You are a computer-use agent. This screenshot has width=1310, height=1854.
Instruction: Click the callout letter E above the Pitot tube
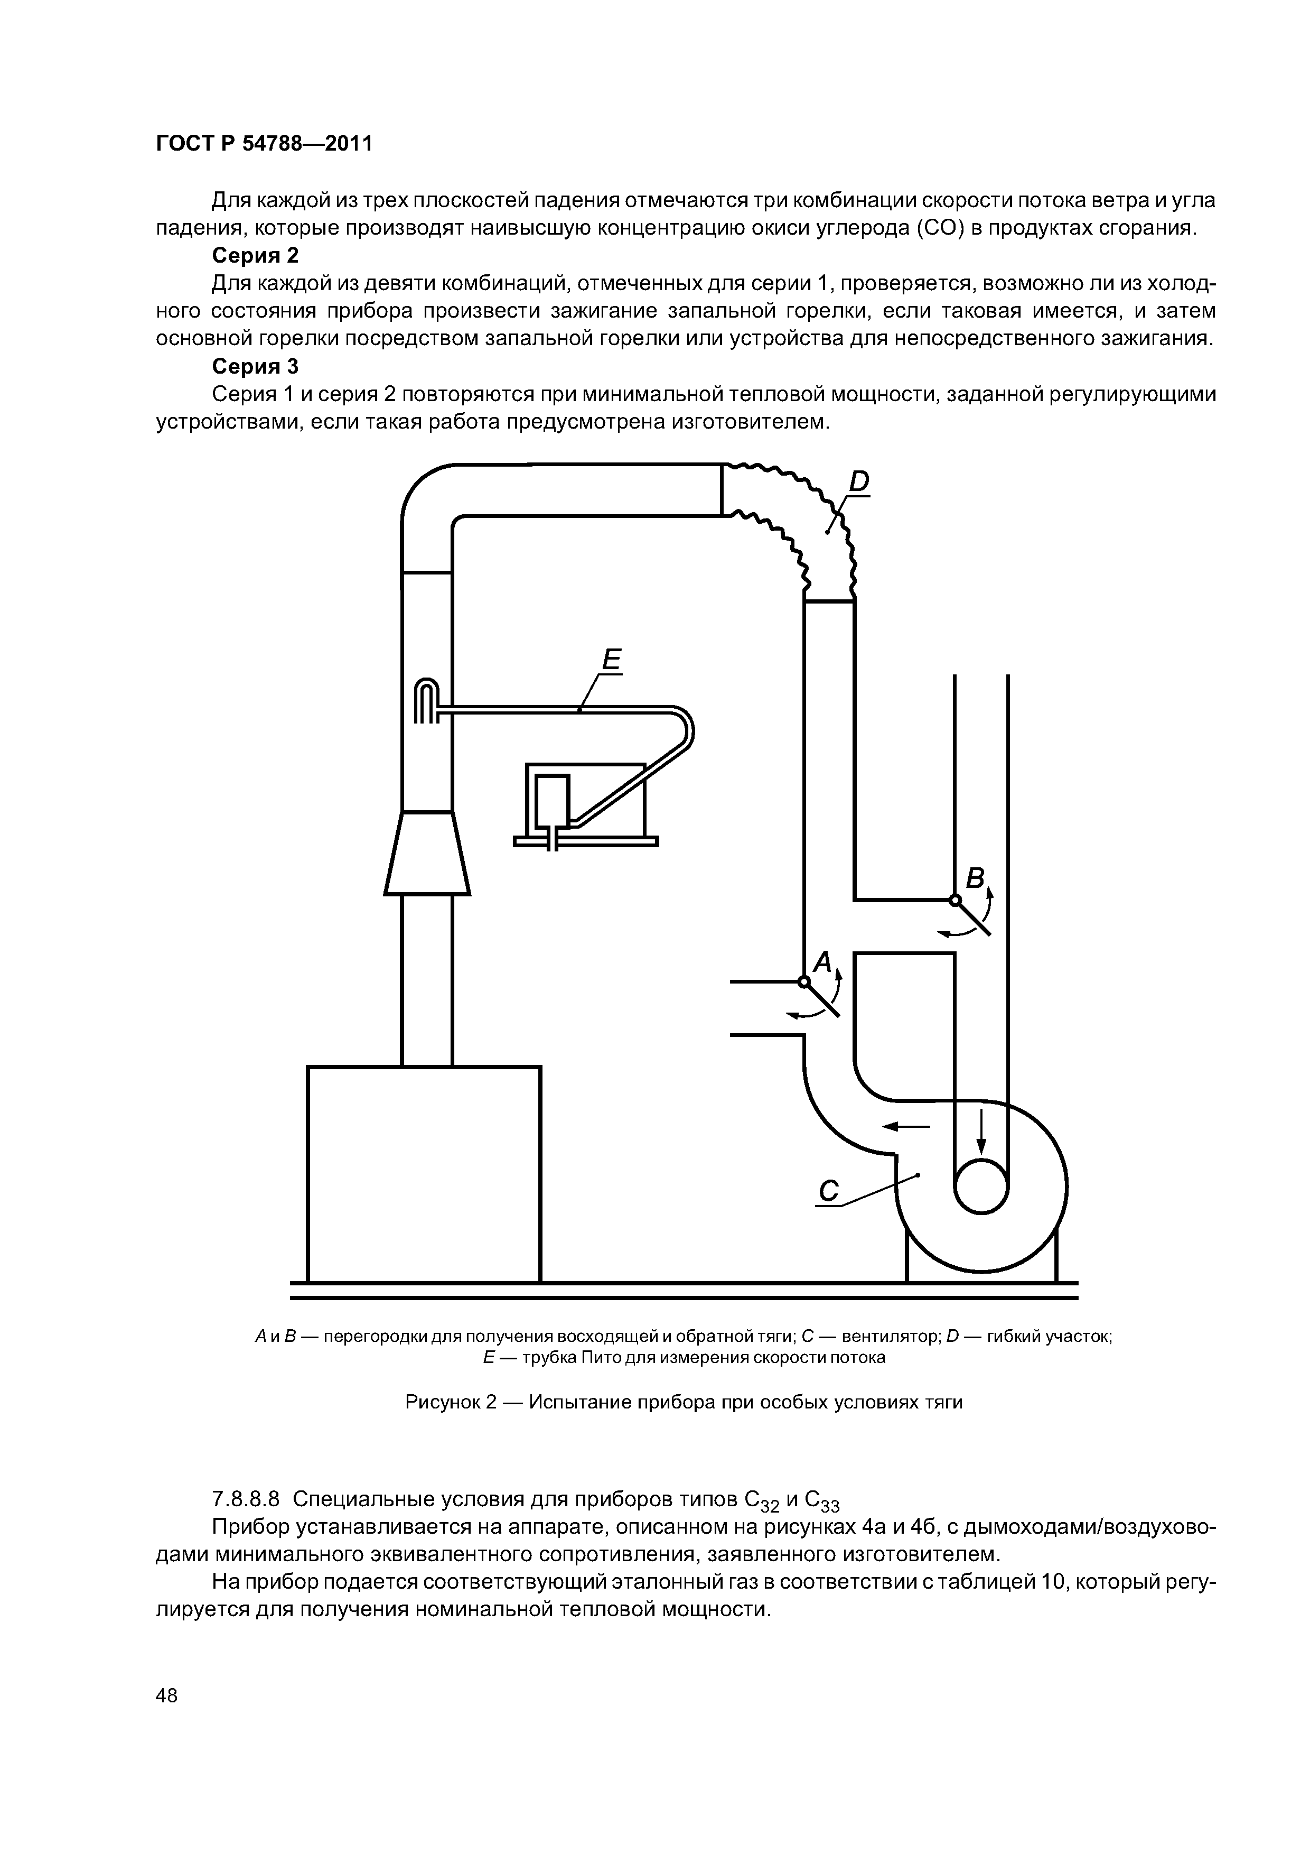point(611,661)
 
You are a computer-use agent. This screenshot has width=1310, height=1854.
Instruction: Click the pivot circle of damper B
point(955,900)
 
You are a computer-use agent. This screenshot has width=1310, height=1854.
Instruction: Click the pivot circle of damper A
point(803,982)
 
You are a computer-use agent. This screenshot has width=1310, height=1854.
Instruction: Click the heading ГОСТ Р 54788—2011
point(264,144)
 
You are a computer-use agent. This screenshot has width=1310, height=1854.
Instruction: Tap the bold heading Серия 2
point(255,256)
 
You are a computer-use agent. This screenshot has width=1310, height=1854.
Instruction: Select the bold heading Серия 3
point(255,367)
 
